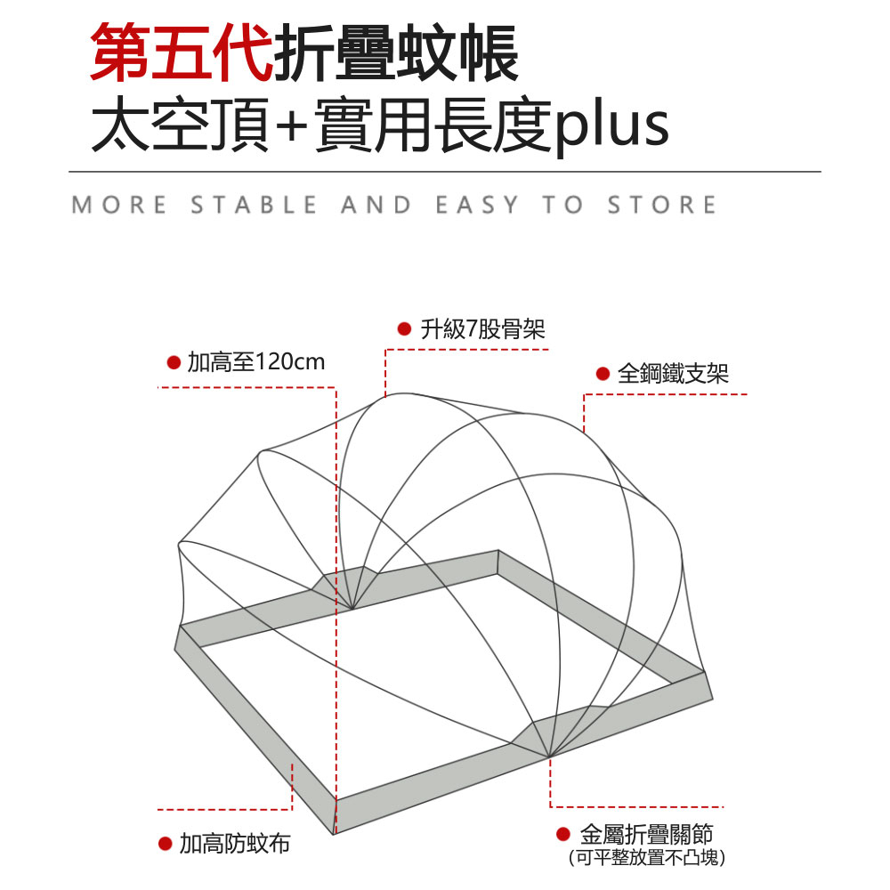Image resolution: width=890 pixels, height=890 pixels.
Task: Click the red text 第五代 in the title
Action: [x=182, y=55]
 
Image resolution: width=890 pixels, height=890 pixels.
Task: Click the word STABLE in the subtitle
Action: [x=254, y=206]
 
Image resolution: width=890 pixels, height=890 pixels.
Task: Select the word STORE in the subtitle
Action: [x=662, y=206]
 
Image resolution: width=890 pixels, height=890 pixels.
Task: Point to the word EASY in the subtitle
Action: [x=476, y=206]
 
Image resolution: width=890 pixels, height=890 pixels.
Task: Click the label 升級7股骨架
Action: [x=482, y=330]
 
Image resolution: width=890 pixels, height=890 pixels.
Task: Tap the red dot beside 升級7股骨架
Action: [x=403, y=330]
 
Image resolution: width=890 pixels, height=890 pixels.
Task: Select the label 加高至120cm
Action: [x=256, y=362]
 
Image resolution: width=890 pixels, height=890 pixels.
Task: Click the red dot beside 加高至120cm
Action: [x=174, y=362]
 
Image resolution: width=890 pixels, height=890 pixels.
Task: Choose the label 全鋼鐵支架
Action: [x=673, y=374]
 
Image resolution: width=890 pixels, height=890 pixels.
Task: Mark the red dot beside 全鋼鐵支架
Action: [x=602, y=374]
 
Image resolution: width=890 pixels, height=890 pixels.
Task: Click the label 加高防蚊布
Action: [x=235, y=844]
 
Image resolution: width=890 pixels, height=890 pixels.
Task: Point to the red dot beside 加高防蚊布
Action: [x=165, y=844]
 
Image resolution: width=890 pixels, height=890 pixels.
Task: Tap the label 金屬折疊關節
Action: [x=647, y=835]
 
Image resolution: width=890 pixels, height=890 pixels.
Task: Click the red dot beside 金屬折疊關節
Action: [x=562, y=835]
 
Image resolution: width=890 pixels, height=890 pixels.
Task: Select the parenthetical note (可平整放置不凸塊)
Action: [x=647, y=859]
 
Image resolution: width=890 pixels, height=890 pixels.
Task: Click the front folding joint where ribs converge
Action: [x=548, y=756]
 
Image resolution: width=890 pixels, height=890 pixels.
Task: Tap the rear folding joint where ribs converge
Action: [x=352, y=609]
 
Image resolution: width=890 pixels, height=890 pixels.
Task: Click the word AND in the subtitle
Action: [x=376, y=206]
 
